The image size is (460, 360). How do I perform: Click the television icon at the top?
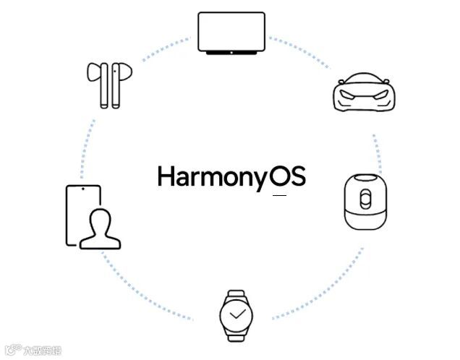(x=231, y=32)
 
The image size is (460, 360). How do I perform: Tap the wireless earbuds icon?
(x=108, y=84)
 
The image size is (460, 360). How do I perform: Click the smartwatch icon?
(x=236, y=315)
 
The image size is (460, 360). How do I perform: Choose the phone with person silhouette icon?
(x=90, y=218)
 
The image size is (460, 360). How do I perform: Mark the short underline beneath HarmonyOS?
(x=279, y=196)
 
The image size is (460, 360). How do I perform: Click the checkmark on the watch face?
(x=237, y=315)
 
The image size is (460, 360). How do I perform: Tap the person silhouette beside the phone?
(x=100, y=228)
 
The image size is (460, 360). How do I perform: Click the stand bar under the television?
(x=231, y=53)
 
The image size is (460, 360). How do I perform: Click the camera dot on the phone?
(x=84, y=189)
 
